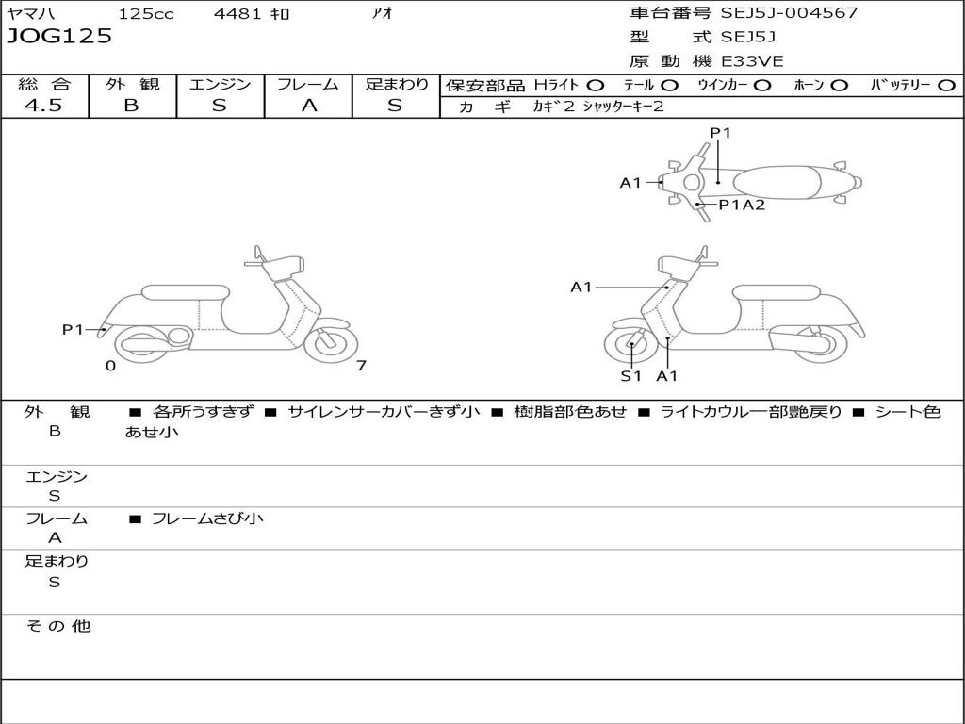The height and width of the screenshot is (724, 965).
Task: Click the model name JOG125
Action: (x=59, y=37)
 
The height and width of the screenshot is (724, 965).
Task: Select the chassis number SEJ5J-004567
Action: (x=789, y=13)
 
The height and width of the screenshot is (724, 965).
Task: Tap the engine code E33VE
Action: (x=752, y=61)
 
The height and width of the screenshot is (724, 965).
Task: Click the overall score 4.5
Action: (x=43, y=106)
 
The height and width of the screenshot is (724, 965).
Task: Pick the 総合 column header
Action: (x=44, y=85)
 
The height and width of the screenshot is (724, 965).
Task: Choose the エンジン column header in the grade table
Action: (x=220, y=85)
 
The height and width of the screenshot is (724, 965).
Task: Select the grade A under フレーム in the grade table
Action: (x=308, y=106)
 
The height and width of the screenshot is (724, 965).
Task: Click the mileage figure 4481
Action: (x=239, y=14)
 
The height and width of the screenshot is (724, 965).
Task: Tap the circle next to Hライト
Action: (x=596, y=85)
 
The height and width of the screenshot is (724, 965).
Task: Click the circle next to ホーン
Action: (x=840, y=85)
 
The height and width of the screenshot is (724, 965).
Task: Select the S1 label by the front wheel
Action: (x=630, y=376)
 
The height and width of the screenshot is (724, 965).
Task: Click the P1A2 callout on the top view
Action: (x=742, y=205)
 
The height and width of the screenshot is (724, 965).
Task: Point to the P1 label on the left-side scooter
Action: (x=73, y=329)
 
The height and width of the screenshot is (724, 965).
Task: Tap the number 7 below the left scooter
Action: (x=361, y=366)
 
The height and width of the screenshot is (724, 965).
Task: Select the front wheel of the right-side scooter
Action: (x=631, y=345)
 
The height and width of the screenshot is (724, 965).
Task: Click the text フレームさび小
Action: (x=207, y=518)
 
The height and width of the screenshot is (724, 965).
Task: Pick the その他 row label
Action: (x=57, y=626)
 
